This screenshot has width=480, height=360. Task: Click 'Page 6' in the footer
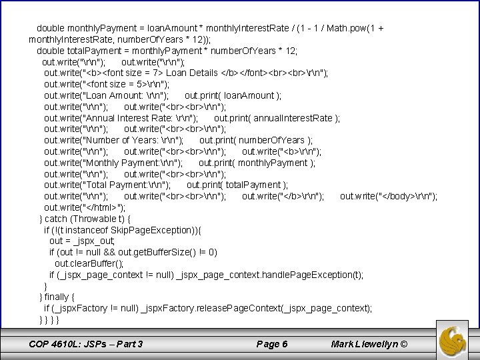273,344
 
